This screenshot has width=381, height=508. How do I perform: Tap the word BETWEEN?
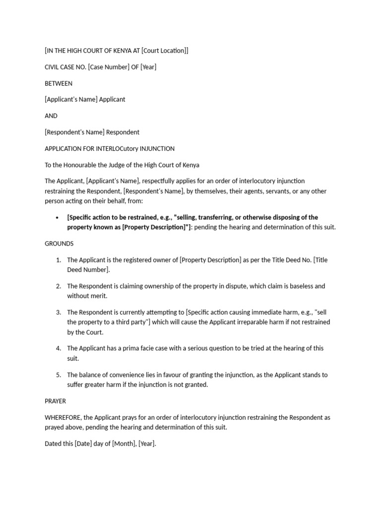coord(59,83)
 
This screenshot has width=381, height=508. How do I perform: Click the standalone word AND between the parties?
coord(51,116)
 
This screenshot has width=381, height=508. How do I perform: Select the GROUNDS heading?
coord(59,244)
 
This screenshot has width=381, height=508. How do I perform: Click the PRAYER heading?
coord(55,401)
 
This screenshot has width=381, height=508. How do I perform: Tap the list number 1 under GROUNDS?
coord(58,260)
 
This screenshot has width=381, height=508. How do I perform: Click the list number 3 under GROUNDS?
coord(58,312)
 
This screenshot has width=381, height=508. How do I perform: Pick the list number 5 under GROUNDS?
coord(58,375)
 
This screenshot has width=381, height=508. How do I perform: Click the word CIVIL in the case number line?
coord(52,67)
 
